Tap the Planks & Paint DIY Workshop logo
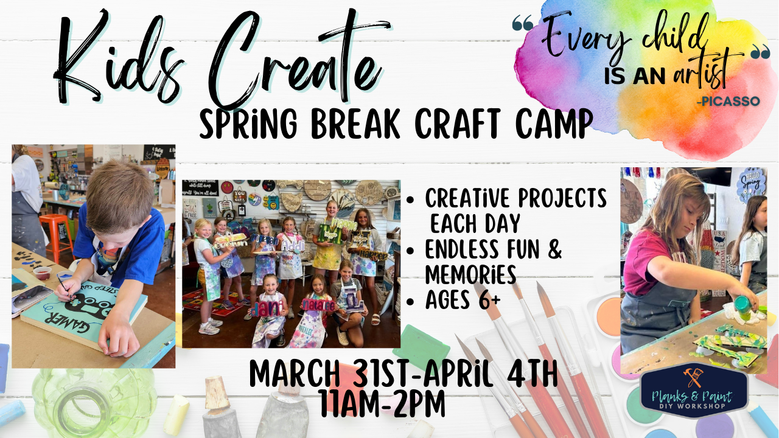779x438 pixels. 694,392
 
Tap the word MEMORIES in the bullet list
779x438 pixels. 470,275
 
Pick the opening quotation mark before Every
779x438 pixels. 523,24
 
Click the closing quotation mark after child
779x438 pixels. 760,54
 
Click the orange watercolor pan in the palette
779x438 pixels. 608,317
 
